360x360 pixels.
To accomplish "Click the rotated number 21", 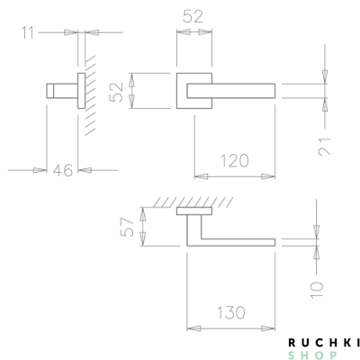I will pyautogui.click(x=326, y=143).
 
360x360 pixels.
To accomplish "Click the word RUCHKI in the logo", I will pyautogui.click(x=323, y=342).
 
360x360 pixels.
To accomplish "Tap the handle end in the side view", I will pyautogui.click(x=51, y=90).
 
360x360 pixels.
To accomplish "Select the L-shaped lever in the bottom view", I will pyautogui.click(x=234, y=242).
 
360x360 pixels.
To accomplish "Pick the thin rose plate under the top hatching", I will pyautogui.click(x=194, y=212).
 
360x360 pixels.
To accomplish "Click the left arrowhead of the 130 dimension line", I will pyautogui.click(x=191, y=328).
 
